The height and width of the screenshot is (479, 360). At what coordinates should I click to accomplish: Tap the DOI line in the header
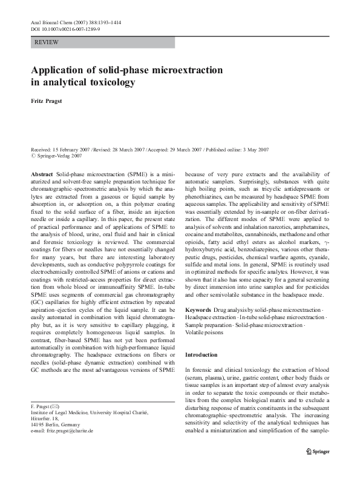[x=65, y=28]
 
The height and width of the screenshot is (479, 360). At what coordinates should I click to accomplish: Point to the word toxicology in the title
[x=109, y=81]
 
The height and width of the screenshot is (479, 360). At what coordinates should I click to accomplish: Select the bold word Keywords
[x=198, y=309]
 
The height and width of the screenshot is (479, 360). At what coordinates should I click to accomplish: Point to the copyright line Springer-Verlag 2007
[x=59, y=155]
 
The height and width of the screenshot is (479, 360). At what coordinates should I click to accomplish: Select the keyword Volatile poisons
[x=202, y=333]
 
